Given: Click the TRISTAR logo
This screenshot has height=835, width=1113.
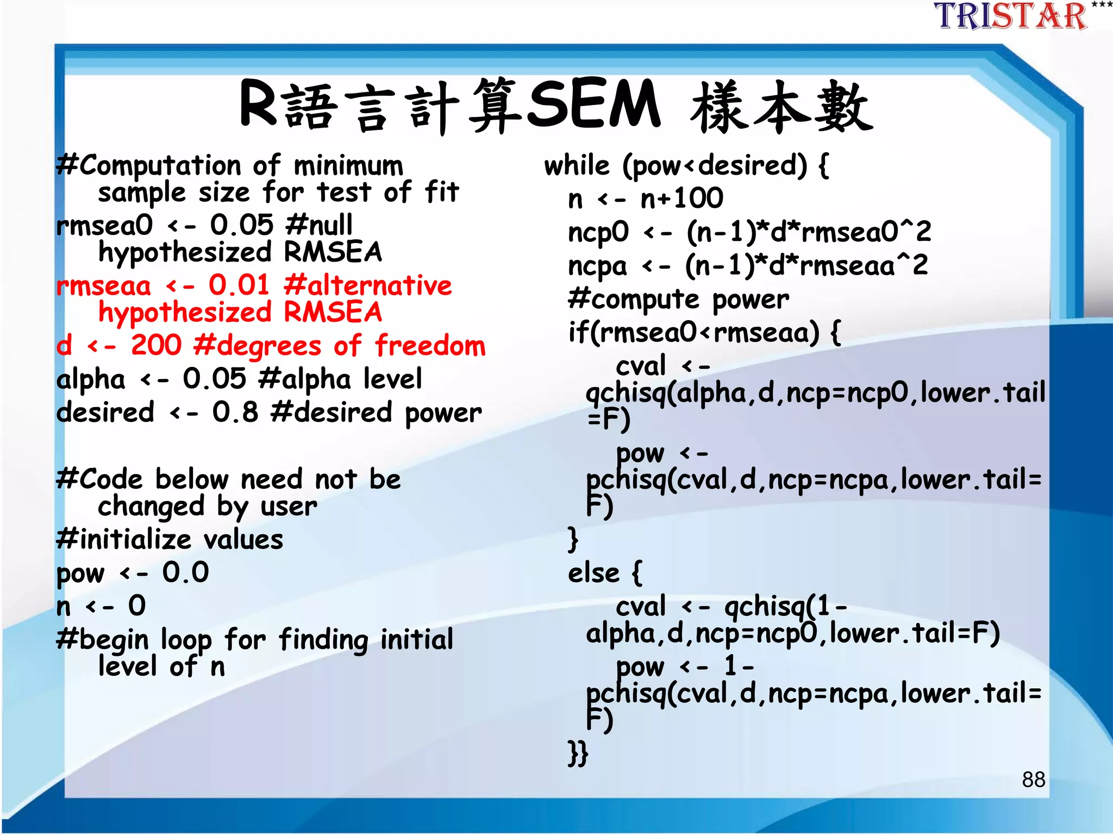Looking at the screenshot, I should click(1011, 16).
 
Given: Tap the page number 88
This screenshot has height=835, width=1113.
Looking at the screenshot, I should click(1033, 780).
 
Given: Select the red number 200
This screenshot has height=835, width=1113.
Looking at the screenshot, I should click(156, 345).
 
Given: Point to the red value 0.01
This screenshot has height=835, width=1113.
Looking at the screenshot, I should click(239, 285).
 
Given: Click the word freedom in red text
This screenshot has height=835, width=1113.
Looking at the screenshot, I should click(430, 346).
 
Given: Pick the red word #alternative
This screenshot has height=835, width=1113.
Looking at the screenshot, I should click(368, 285).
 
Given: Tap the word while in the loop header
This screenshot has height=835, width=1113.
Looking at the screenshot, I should click(577, 165).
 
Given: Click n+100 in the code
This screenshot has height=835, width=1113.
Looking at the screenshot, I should click(682, 198).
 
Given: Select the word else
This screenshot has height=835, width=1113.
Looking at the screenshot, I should click(593, 574).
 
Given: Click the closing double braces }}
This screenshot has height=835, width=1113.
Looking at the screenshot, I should click(578, 753).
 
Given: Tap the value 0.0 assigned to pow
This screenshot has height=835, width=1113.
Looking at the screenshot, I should click(185, 572).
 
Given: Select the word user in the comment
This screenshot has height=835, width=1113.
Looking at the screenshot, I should click(289, 507).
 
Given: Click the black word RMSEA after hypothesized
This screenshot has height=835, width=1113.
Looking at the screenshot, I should click(333, 252).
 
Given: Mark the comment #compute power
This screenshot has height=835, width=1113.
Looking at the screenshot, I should click(678, 300).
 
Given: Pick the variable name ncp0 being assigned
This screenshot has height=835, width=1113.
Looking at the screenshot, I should click(598, 232).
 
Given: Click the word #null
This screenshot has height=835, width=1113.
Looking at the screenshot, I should click(319, 225).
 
